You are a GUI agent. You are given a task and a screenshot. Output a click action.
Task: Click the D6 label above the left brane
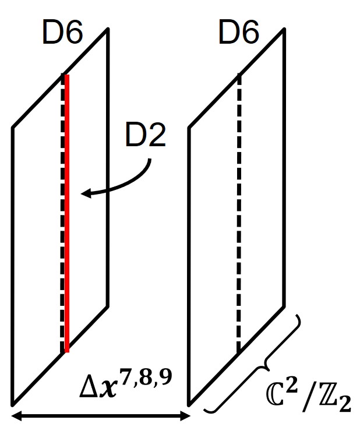[x=63, y=34]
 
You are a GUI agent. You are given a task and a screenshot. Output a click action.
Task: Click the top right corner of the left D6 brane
[x=108, y=29]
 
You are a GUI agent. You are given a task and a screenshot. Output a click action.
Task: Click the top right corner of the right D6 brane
[x=284, y=29]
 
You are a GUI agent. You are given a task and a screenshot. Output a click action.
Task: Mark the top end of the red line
[x=68, y=76]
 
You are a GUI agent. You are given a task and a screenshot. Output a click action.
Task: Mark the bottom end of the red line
[x=68, y=352]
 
